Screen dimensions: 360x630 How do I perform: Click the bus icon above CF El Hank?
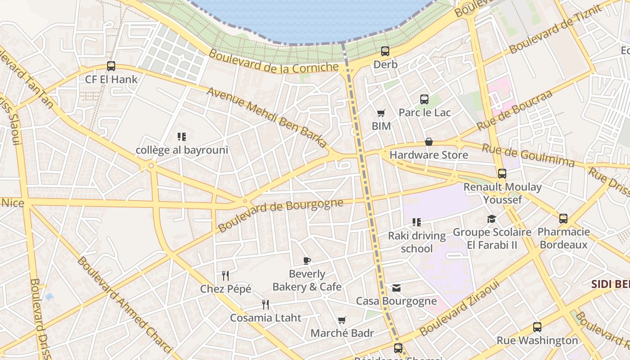tap(111, 66)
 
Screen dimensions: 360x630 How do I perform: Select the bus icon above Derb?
tap(385, 51)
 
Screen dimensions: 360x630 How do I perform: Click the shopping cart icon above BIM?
tap(381, 113)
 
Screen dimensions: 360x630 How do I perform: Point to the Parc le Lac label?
tap(424, 112)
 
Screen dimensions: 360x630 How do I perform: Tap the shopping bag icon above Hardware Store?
tap(429, 142)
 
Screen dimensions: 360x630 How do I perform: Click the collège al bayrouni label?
tap(182, 150)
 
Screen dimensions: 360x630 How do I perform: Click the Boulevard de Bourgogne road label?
tap(281, 215)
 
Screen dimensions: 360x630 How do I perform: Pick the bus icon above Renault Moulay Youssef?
tap(502, 174)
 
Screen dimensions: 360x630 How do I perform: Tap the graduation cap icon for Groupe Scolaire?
tap(491, 219)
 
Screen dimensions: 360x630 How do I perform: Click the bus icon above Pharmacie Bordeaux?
tap(563, 219)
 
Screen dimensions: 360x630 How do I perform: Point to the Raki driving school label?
tap(417, 242)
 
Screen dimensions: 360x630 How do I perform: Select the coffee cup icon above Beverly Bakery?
tap(307, 261)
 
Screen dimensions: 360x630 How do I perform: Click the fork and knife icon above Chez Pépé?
tap(225, 275)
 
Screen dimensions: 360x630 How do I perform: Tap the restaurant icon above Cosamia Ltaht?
tap(265, 305)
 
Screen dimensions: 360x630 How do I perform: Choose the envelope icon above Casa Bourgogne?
tap(396, 288)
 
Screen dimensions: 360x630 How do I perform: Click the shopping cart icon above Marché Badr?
tap(342, 320)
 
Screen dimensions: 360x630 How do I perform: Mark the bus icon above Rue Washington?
tap(537, 327)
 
